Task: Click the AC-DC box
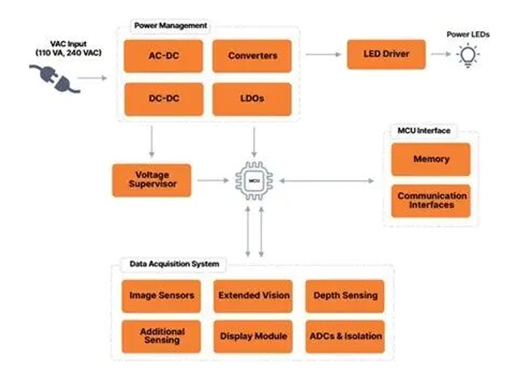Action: [x=164, y=56]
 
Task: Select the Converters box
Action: [x=251, y=56]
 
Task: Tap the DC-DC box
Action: [x=164, y=99]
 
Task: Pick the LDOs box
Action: [x=251, y=99]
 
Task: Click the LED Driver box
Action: [x=386, y=54]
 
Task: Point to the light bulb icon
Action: [x=468, y=55]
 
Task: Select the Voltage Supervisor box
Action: [x=151, y=180]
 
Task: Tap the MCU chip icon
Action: [x=254, y=180]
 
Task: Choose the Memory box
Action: [x=431, y=159]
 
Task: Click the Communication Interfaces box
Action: [x=431, y=200]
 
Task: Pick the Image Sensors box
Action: [x=162, y=296]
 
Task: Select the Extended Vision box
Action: [x=254, y=296]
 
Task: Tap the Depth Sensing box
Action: [x=345, y=296]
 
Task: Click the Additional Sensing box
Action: [x=162, y=336]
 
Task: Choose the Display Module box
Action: [x=254, y=336]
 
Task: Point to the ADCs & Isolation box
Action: [x=345, y=336]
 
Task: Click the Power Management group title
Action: [x=169, y=26]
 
